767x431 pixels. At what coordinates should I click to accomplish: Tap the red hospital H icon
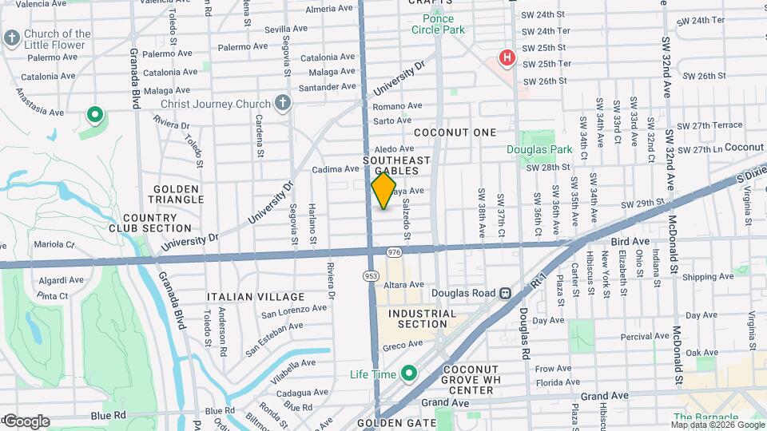pos(506,57)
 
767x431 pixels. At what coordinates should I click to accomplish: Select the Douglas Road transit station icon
pos(505,293)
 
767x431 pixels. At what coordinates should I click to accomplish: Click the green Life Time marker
pos(409,374)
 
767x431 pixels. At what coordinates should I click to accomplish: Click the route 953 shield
pos(372,275)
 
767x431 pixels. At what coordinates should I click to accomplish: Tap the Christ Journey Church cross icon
pos(281,103)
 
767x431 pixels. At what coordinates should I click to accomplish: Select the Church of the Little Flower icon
pos(11,38)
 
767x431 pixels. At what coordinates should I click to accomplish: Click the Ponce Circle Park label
pos(432,24)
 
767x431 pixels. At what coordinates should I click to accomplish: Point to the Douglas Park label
pos(539,149)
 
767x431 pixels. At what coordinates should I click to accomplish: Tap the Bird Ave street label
pos(630,241)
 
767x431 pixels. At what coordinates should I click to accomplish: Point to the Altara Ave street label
pos(403,284)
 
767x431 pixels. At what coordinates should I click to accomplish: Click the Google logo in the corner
pos(26,421)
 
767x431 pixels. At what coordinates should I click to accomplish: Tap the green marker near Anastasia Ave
pos(95,117)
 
